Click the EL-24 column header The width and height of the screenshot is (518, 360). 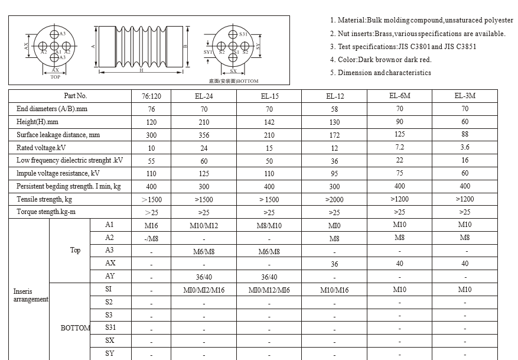204,96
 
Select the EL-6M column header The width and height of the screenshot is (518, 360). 400,96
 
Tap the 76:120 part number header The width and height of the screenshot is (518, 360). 151,96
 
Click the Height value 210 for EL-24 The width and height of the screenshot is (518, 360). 204,122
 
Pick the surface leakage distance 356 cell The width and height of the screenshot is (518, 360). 204,135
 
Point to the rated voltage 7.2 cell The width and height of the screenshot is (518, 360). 400,147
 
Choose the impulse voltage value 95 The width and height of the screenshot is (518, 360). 334,174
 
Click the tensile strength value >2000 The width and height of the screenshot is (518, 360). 334,200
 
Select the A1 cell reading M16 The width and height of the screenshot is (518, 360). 151,225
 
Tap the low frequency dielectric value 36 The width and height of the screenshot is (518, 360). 334,161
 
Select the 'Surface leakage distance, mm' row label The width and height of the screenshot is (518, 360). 58,135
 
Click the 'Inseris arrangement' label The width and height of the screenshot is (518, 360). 31,296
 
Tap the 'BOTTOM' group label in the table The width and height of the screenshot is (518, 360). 75,328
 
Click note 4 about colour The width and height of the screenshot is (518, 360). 381,60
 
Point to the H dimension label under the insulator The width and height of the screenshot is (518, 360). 141,71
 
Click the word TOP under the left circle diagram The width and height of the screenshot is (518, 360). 55,77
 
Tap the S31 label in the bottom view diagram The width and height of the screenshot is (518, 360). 243,34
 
